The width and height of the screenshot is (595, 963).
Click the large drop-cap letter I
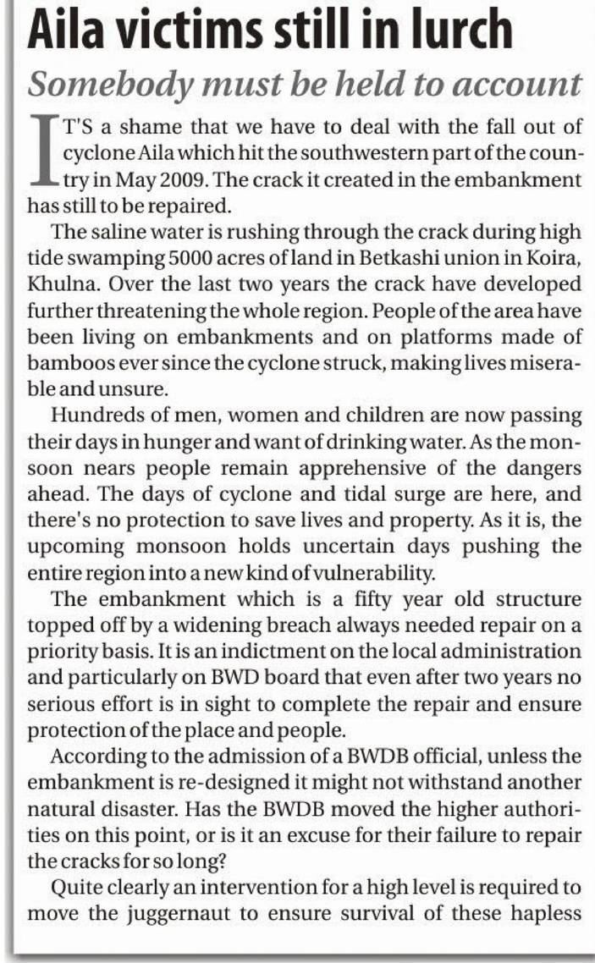pyautogui.click(x=43, y=153)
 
